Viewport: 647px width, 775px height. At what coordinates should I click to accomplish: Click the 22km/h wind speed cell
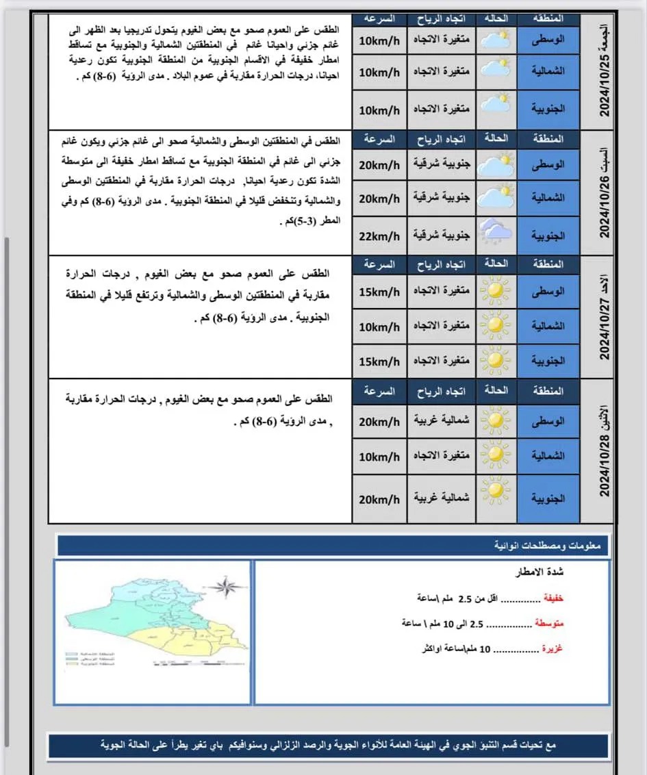point(379,236)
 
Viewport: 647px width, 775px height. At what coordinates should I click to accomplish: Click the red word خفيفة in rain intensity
point(553,598)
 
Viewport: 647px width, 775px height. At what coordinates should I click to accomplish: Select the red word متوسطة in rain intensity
point(549,624)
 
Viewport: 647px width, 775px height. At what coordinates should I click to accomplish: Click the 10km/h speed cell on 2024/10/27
point(379,326)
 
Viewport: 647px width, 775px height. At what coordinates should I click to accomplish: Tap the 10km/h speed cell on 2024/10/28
point(379,456)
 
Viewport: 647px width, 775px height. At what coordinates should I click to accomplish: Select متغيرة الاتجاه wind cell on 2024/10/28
point(442,456)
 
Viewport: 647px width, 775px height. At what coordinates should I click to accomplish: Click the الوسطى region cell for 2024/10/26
point(548,165)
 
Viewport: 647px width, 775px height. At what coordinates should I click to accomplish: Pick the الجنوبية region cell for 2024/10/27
point(548,360)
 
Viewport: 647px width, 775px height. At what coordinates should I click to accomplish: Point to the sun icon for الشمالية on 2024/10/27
point(494,325)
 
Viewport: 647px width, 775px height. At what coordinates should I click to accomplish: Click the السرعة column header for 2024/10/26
point(379,139)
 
